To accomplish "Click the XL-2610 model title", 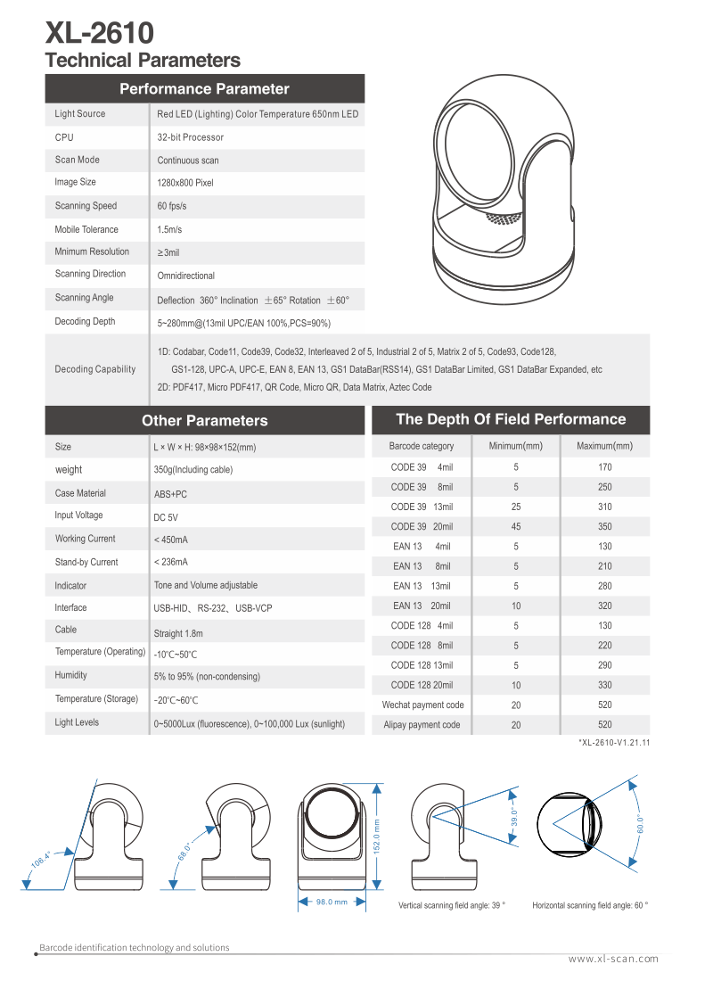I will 99,34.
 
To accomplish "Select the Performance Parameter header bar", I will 204,89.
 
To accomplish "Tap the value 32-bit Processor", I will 191,137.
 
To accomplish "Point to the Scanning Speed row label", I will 86,206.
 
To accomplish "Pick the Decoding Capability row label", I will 95,369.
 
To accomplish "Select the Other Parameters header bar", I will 204,421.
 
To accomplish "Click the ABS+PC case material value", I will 170,494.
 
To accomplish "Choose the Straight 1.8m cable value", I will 178,633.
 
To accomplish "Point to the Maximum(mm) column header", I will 604,446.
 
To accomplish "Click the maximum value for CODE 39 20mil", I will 604,527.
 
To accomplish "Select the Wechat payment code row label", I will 423,705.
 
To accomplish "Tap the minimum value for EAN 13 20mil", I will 516,606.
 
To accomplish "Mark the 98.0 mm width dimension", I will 332,902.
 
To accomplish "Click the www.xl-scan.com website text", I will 613,959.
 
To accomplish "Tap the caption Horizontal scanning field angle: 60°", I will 590,905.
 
